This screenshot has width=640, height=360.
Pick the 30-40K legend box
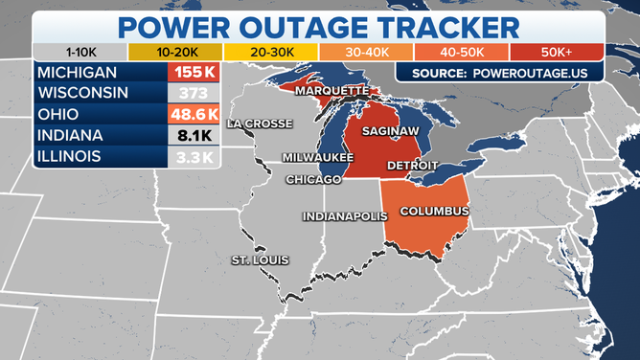coord(366,52)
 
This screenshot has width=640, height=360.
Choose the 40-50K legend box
coord(462,52)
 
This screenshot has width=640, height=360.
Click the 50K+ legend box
coord(557,52)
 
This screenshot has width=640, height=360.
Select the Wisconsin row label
coord(84,93)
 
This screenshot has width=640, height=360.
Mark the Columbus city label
coord(433,211)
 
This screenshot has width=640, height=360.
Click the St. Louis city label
coord(260,260)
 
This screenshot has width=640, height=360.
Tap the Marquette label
coord(331,90)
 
